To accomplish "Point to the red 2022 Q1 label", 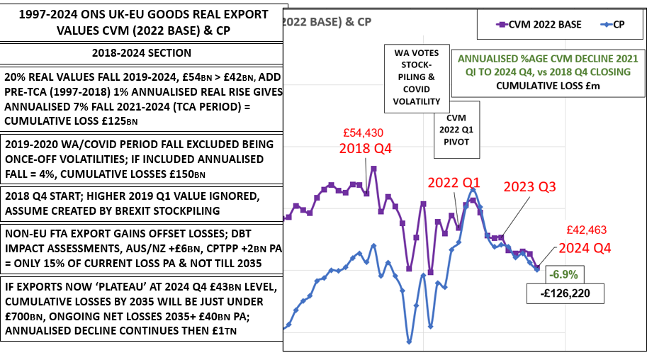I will pyautogui.click(x=453, y=182).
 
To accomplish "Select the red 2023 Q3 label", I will pyautogui.click(x=529, y=187).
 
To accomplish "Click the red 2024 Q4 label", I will pyautogui.click(x=584, y=248).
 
